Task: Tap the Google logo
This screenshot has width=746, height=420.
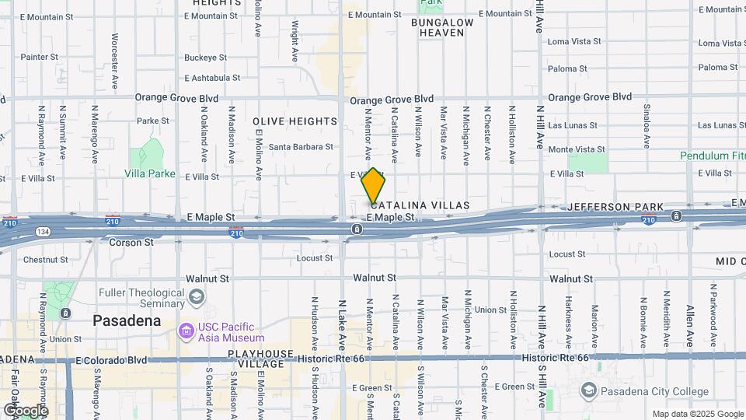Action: tap(25, 410)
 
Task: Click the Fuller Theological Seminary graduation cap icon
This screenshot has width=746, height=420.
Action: tap(197, 297)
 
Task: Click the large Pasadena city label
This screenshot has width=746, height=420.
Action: tap(127, 320)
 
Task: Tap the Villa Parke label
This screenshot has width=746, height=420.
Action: tap(150, 174)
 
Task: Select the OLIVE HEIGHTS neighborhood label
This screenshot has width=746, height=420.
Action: tap(295, 121)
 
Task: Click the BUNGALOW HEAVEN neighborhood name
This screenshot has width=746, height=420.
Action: tap(442, 28)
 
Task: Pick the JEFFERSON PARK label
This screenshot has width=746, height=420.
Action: tap(615, 207)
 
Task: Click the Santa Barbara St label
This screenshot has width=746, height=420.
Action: tap(301, 146)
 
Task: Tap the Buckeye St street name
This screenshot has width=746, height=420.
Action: tap(205, 58)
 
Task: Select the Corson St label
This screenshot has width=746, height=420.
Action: tap(125, 243)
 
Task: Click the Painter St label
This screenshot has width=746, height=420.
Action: tap(39, 57)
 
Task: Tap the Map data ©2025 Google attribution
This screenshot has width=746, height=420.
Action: tap(696, 414)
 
